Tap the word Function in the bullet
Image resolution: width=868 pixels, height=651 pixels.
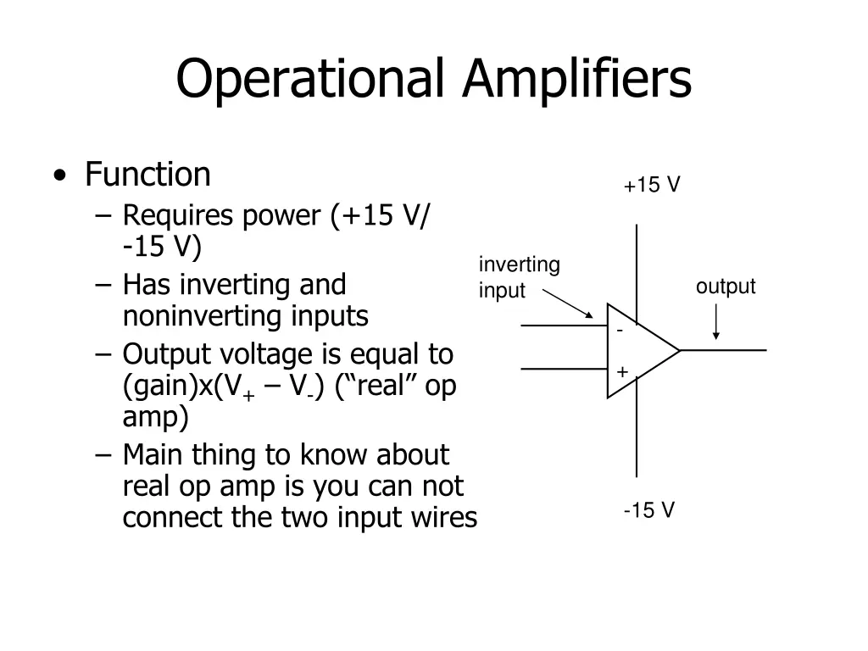pos(147,175)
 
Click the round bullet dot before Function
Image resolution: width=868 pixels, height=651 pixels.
pos(60,176)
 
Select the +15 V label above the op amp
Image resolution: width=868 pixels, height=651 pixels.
pos(652,185)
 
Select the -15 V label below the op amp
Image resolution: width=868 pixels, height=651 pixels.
pos(648,509)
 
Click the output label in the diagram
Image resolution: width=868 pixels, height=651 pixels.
pos(726,287)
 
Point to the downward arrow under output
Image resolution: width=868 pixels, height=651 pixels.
pos(715,321)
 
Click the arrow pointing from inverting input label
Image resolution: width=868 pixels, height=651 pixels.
pos(567,303)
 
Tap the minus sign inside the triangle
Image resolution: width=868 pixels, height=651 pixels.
pos(620,331)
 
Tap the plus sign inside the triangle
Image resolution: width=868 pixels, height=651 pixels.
pos(622,371)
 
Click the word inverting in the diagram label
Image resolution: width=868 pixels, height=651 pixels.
pos(520,265)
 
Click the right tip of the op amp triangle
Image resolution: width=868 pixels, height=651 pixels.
pos(680,350)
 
